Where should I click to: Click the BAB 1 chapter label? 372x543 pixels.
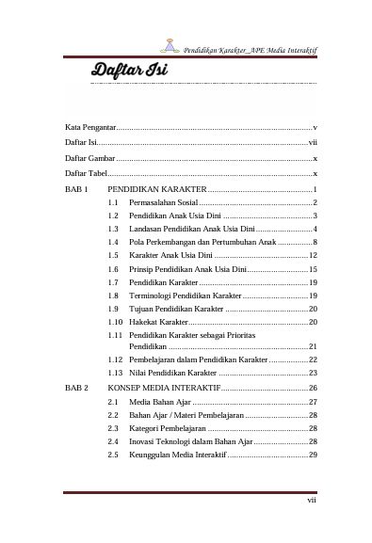75,190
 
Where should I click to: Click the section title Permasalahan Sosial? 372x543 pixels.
164,203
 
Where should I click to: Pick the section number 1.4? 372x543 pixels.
113,243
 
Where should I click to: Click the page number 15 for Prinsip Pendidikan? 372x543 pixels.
313,269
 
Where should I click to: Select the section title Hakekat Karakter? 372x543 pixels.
160,322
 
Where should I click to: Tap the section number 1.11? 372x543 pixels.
115,335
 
